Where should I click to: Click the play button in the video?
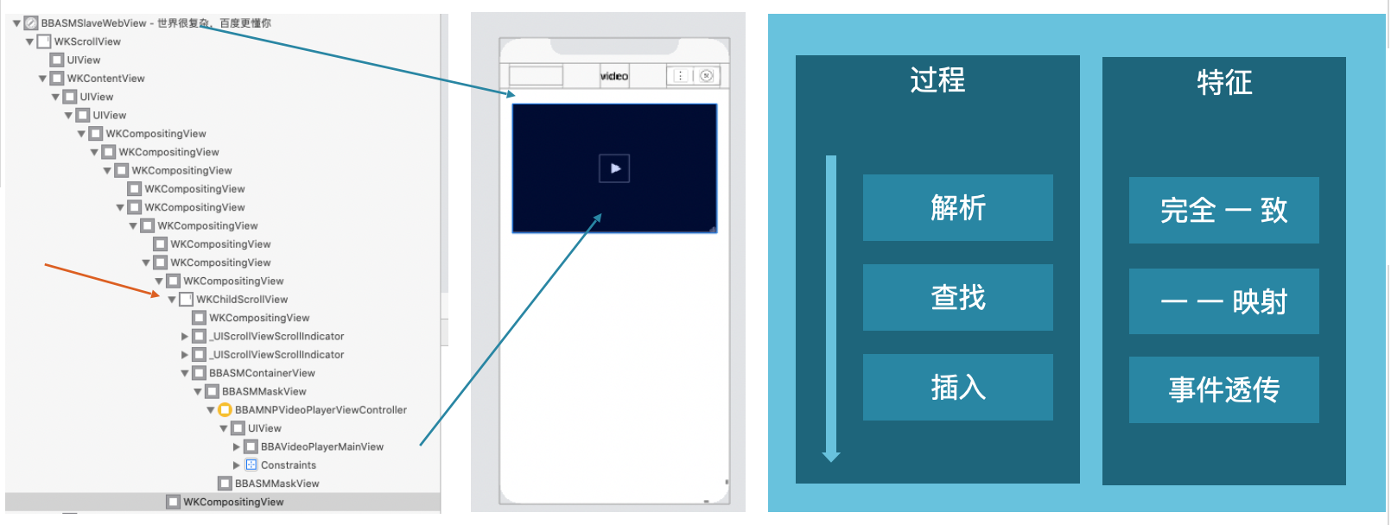click(614, 168)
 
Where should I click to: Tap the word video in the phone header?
click(614, 76)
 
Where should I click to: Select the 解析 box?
click(957, 208)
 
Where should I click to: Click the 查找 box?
click(957, 298)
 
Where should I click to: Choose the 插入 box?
click(957, 388)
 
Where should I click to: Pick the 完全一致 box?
click(1223, 211)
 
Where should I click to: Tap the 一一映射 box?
click(1223, 301)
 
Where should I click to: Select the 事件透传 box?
click(1223, 390)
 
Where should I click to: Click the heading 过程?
click(937, 80)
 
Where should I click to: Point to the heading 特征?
click(1224, 83)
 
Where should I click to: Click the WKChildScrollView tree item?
click(242, 300)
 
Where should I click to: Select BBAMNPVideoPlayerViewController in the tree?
click(321, 410)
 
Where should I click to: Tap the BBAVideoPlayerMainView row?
click(321, 447)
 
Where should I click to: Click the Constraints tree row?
click(288, 465)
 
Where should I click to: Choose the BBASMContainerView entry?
click(262, 373)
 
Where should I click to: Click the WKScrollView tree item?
click(87, 41)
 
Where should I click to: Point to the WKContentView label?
click(105, 79)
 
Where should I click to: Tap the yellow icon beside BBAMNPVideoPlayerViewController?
click(225, 410)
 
